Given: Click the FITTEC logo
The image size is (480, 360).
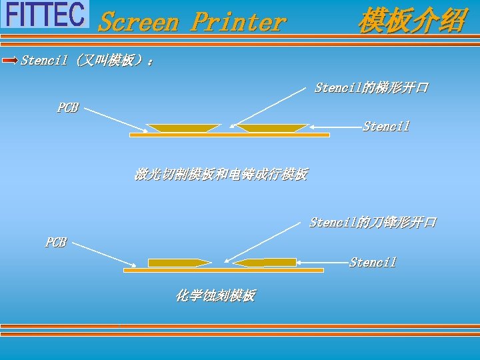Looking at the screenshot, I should (45, 14).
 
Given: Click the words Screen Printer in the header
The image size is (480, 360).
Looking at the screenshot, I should (192, 22).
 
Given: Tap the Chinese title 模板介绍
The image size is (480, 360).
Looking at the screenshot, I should (411, 21).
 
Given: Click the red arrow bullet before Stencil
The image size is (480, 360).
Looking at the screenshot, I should (10, 61).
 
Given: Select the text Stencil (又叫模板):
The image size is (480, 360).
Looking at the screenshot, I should (87, 61).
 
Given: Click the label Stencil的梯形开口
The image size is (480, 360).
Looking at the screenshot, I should (371, 88).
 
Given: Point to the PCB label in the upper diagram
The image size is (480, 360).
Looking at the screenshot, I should (67, 107).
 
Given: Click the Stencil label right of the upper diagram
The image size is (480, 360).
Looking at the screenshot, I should (386, 126).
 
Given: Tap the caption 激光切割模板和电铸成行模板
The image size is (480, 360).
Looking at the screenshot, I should (221, 175).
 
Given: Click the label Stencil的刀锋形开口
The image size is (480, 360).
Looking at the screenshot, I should (372, 222).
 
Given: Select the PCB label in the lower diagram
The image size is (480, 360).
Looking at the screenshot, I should (55, 243).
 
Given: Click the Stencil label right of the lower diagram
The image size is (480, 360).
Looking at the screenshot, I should (373, 263).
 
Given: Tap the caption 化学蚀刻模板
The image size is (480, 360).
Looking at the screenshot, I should (215, 295).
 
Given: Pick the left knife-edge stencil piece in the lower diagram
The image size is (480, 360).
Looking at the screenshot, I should (177, 263).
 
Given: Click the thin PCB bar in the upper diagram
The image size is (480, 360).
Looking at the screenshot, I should (229, 135).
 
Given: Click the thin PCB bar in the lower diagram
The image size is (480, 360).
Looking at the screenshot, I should (223, 270).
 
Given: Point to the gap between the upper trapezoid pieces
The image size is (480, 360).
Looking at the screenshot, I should (229, 127).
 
